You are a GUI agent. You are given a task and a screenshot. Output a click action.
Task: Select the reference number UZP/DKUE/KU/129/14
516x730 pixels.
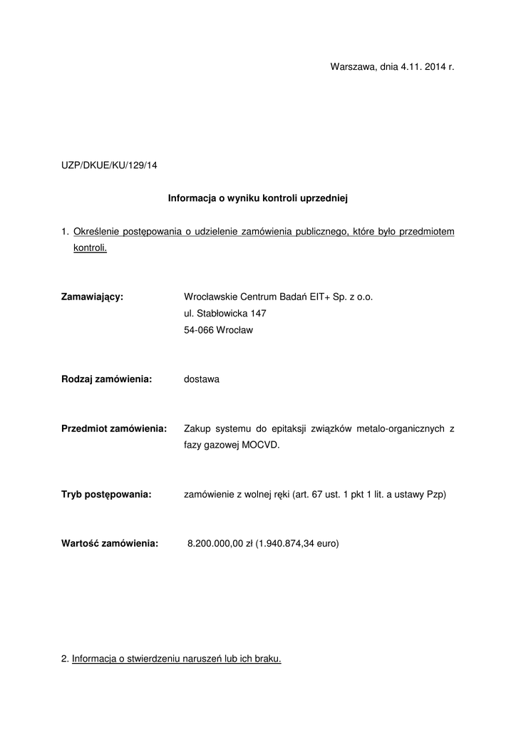[x=109, y=165]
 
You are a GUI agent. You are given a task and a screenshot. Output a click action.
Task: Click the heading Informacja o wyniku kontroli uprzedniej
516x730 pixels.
[x=257, y=198]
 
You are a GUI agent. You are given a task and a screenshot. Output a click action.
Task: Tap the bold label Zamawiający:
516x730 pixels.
[x=93, y=297]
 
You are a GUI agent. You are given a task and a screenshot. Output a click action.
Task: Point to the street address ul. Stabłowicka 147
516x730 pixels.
[x=225, y=314]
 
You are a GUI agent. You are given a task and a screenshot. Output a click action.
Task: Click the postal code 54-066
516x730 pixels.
[x=197, y=330]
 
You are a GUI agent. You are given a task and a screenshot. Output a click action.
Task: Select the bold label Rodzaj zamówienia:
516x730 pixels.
[x=107, y=379]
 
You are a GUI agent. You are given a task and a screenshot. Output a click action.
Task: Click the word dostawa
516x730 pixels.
[x=202, y=379]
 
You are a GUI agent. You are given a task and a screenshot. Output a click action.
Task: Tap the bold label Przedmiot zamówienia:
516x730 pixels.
[x=114, y=428]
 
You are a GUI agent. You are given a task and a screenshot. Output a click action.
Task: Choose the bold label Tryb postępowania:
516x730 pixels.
[x=106, y=494]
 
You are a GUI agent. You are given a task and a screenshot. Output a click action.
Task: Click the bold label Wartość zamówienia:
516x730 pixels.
[x=110, y=543]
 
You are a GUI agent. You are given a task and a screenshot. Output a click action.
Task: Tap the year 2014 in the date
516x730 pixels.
[x=434, y=67]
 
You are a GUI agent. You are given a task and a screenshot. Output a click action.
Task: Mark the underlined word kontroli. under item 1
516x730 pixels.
[x=90, y=248]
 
